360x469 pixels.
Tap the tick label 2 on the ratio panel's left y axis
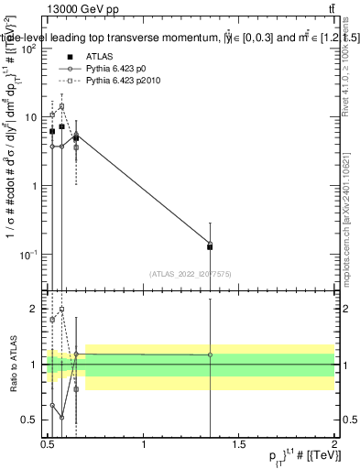coord(38,310)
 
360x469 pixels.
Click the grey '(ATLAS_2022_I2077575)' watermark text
coord(190,273)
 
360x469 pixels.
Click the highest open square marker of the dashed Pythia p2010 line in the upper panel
coord(61,106)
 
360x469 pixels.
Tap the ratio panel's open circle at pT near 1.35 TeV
coord(211,354)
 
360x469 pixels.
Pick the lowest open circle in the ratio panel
coord(61,417)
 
